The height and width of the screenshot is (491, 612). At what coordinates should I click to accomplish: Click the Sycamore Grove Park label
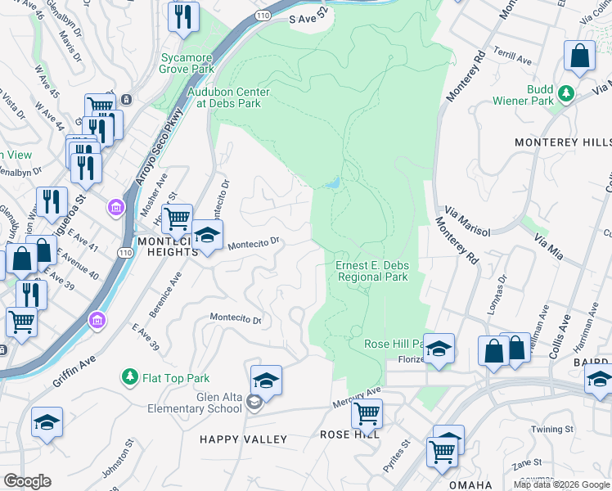[x=187, y=64]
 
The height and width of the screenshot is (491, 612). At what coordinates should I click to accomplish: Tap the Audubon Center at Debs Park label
[x=225, y=97]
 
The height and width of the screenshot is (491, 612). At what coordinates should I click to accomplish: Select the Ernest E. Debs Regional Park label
[x=372, y=271]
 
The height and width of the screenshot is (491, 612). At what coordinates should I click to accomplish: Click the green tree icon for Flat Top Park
[x=129, y=376]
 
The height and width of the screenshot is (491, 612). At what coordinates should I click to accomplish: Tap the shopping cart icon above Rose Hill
[x=367, y=413]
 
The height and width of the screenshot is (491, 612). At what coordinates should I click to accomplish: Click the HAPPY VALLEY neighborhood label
[x=244, y=440]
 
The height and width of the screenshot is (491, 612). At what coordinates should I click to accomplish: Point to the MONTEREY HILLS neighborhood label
[x=562, y=142]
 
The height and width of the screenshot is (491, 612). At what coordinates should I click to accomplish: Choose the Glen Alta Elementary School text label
[x=196, y=403]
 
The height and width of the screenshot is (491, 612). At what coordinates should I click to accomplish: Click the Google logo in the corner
[x=27, y=480]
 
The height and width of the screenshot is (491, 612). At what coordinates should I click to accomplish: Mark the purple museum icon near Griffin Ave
[x=97, y=318]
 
